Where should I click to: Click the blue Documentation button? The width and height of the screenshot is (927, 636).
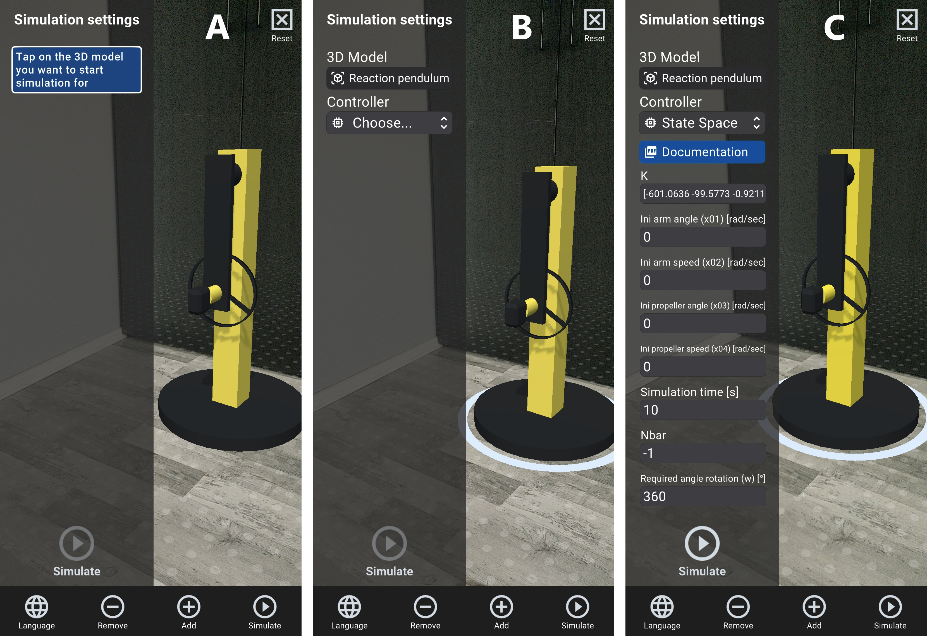702,152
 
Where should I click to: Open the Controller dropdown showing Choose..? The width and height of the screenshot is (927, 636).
389,123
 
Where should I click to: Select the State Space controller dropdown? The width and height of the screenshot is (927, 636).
702,123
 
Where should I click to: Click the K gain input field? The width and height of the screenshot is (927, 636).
703,194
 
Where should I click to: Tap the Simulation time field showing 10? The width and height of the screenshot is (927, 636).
703,410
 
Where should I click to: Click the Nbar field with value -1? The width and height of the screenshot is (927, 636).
703,453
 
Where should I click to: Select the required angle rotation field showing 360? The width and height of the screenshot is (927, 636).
703,496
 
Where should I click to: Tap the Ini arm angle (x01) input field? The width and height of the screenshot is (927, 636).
703,237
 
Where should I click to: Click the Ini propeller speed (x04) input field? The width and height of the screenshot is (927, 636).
703,367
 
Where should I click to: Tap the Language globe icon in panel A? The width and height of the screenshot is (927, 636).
37,606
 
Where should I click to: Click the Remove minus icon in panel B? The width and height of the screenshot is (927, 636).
425,606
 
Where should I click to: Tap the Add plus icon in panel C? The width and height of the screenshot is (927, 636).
814,606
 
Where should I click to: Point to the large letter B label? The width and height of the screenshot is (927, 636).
522,28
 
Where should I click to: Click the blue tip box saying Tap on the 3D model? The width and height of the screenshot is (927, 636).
77,70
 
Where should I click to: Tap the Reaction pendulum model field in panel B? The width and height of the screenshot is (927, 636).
389,78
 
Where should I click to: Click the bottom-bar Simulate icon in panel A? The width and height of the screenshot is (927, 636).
265,606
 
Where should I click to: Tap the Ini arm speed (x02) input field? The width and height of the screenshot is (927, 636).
703,280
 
